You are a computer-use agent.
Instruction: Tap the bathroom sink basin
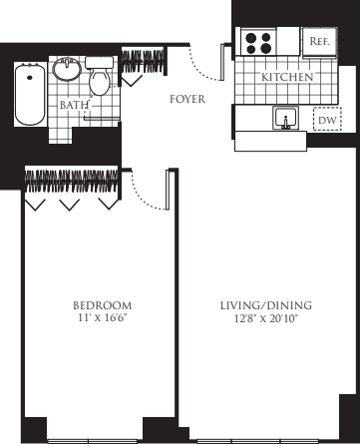point(67,70)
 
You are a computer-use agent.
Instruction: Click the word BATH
point(72,104)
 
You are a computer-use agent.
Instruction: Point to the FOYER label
point(186,99)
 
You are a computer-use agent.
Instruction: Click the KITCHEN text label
point(288,77)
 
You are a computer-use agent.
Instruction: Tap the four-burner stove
point(259,43)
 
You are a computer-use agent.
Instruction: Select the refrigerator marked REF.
point(320,42)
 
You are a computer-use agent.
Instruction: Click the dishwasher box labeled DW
point(326,120)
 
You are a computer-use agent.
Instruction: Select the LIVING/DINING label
point(266,304)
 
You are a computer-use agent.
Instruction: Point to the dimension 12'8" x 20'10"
point(266,317)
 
